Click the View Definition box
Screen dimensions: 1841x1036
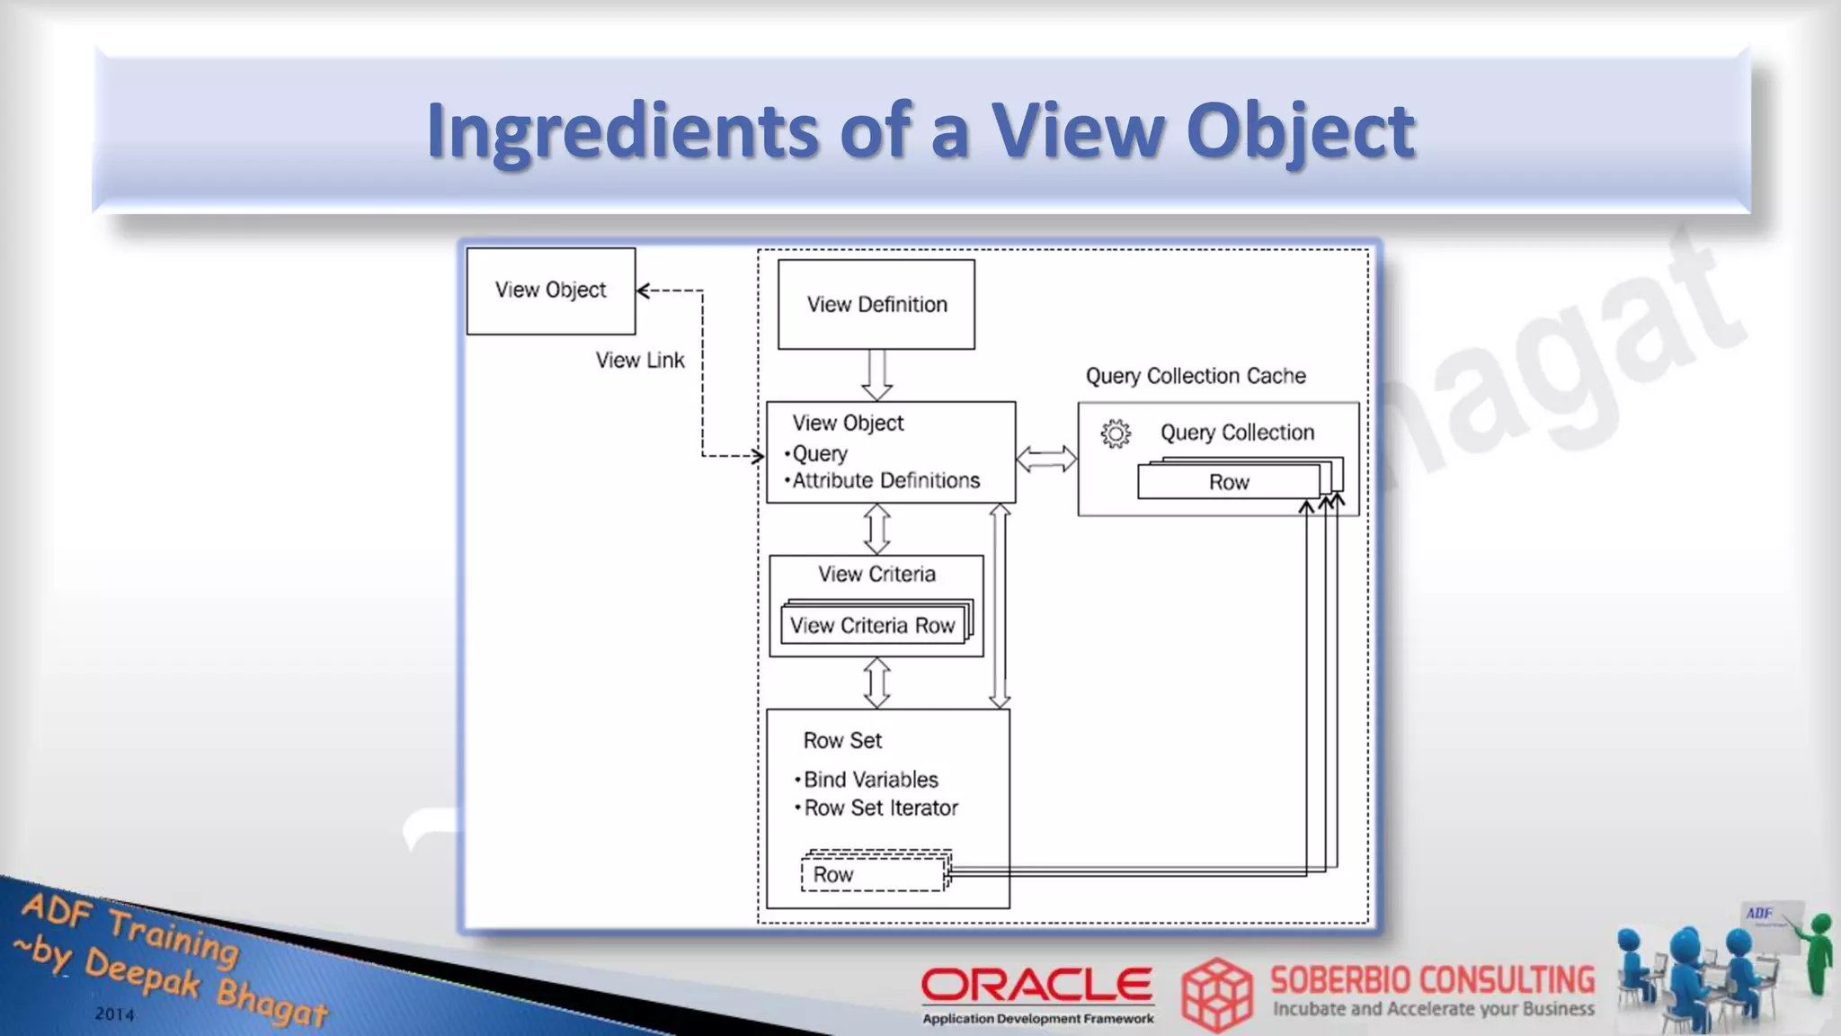pos(876,304)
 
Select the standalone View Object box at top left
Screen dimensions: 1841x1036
pos(550,290)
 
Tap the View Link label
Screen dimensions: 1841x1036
pos(640,360)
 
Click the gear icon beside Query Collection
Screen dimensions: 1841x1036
pos(1116,433)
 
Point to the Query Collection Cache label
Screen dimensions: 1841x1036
pos(1196,376)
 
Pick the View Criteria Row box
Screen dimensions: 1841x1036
pos(872,625)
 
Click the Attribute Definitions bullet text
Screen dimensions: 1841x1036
pos(885,480)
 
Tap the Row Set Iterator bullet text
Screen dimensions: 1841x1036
pos(880,808)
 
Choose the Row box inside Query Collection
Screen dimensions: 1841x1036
pos(1228,482)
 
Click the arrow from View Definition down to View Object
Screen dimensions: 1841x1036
pos(876,374)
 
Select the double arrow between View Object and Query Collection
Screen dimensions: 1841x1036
pos(1046,459)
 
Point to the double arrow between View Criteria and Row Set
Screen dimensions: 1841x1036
pos(876,683)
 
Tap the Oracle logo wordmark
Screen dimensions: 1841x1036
pos(1036,985)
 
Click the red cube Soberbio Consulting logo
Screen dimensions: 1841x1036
pos(1216,995)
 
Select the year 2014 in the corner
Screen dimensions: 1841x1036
pos(115,1014)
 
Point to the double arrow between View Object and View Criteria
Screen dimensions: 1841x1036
pos(876,529)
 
